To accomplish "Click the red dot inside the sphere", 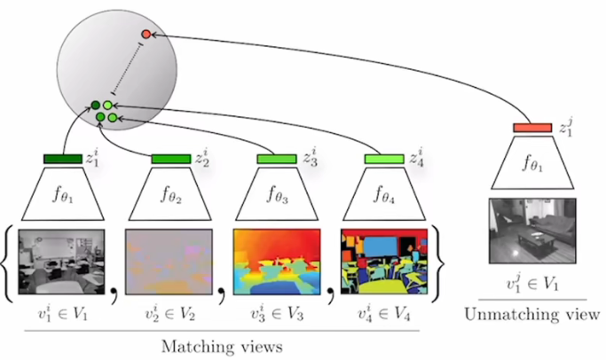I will (146, 34).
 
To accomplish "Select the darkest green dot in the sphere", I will (95, 107).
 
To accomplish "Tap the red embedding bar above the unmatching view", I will (532, 129).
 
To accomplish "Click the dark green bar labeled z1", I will (62, 159).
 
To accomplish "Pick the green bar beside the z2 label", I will (169, 159).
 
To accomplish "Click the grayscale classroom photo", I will (62, 261).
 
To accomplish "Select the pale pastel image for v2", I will (169, 261).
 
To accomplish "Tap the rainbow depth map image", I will (276, 261).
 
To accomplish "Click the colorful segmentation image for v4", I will (383, 261).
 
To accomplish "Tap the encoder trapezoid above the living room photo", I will (532, 166).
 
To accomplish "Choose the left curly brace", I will (9, 261).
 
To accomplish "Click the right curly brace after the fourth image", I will (437, 261).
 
